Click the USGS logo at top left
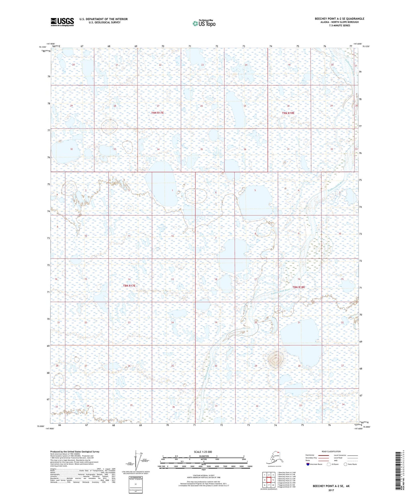pyautogui.click(x=62, y=22)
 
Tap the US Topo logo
pyautogui.click(x=204, y=23)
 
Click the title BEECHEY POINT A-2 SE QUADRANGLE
pyautogui.click(x=339, y=19)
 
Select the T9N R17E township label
pyautogui.click(x=157, y=113)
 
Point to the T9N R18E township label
pyautogui.click(x=288, y=113)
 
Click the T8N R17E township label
pyautogui.click(x=129, y=285)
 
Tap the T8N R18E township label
pyautogui.click(x=299, y=287)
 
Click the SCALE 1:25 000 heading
pyautogui.click(x=203, y=452)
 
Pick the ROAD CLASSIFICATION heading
pyautogui.click(x=331, y=451)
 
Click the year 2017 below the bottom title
pyautogui.click(x=331, y=490)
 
